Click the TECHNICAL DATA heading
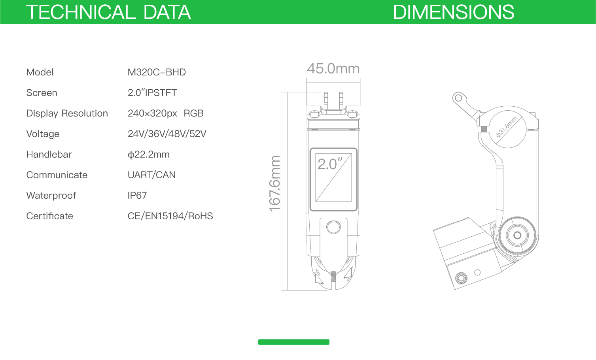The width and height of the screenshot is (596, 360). click(108, 12)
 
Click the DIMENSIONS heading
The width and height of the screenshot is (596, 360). click(454, 12)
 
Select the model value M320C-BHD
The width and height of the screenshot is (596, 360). click(157, 72)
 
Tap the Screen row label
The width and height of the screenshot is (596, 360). click(42, 93)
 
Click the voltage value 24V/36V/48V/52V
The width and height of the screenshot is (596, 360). click(167, 134)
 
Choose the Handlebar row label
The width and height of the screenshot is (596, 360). click(49, 154)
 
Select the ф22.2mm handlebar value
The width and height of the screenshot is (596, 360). click(149, 155)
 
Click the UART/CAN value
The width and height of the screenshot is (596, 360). click(151, 175)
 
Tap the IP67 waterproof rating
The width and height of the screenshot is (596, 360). click(137, 196)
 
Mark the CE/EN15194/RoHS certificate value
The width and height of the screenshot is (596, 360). click(170, 216)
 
